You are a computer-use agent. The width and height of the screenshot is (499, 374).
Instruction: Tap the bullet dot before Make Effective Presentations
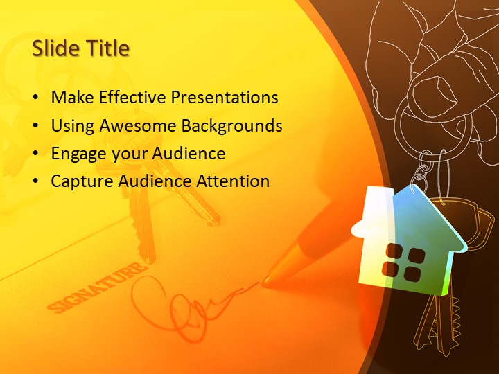35,98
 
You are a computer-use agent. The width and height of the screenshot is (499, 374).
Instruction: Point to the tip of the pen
266,280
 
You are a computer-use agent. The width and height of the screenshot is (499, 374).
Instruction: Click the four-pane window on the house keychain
403,262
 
